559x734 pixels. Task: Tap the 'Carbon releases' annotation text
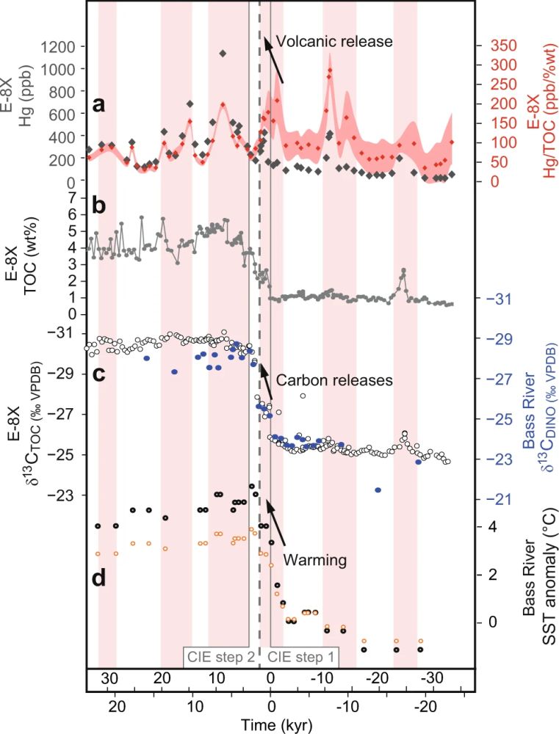[335, 381]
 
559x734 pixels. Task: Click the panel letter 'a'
[101, 106]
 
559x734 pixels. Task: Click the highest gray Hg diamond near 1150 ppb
[222, 53]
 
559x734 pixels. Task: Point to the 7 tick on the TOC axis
[72, 197]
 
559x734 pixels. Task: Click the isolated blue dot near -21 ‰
[378, 490]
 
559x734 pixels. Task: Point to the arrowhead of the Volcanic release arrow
[267, 42]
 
